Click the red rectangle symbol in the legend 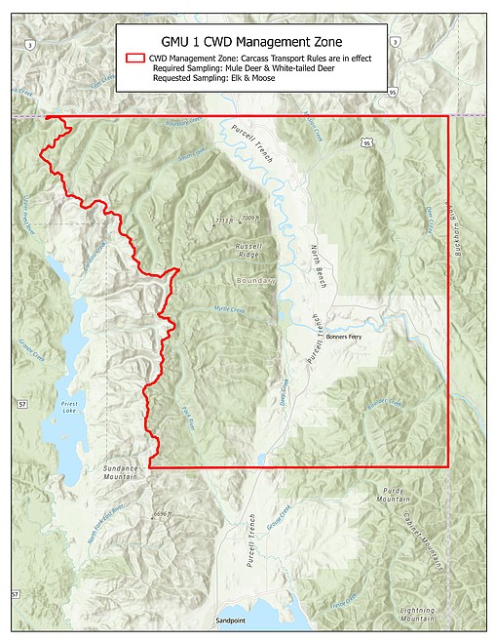pos(135,59)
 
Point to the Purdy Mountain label pos(394,493)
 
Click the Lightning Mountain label pos(418,615)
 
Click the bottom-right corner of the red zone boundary pos(448,466)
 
